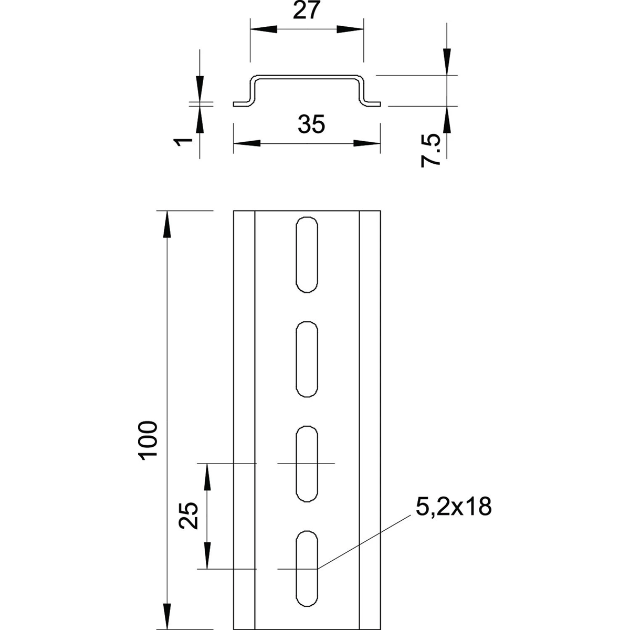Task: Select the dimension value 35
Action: point(311,124)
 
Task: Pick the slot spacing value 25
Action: point(188,516)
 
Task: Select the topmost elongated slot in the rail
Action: point(306,254)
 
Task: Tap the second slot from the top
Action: point(306,359)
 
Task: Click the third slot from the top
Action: point(306,464)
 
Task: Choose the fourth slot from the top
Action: point(306,569)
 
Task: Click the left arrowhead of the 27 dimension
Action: point(264,29)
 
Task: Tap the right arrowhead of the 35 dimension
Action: point(367,143)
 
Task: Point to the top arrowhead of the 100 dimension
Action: point(167,224)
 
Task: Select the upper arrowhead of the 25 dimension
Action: point(207,477)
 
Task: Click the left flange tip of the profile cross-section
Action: point(234,104)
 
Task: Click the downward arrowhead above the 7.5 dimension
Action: point(447,62)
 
